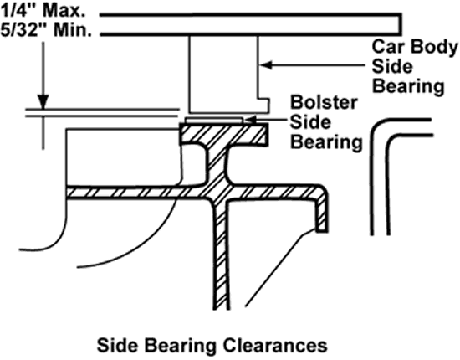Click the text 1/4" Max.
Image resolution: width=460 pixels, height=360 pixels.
[x=43, y=11]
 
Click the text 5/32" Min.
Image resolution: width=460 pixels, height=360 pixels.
[x=46, y=29]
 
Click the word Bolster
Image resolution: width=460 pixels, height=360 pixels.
[x=324, y=102]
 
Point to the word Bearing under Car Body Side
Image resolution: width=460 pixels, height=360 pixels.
[x=408, y=86]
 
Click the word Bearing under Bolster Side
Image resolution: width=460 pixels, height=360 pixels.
[x=326, y=142]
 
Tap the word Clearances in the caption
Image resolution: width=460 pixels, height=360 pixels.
[x=275, y=345]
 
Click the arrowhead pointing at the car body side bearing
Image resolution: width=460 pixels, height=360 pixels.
[x=266, y=65]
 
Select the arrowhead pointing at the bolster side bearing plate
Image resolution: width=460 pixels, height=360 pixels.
[x=251, y=120]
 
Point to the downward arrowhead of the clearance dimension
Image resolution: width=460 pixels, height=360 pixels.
[x=43, y=102]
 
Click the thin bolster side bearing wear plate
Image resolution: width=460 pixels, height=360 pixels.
[x=214, y=121]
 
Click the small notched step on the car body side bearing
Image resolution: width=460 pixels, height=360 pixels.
[x=263, y=105]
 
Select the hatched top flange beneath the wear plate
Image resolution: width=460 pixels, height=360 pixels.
[x=223, y=134]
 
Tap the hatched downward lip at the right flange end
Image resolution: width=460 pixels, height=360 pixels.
[x=321, y=213]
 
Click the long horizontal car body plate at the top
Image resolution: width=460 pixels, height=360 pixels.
[x=251, y=24]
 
